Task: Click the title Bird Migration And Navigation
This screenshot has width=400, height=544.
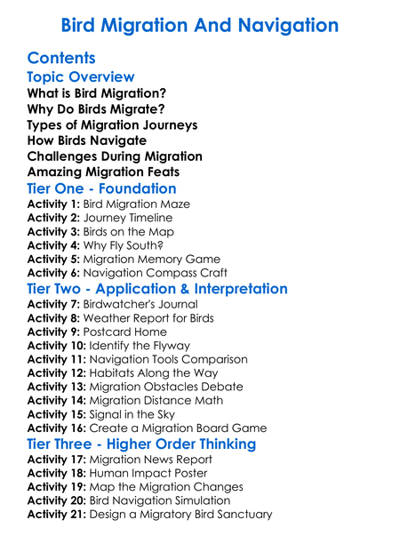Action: (x=200, y=24)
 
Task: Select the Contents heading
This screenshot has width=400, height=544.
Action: (x=68, y=59)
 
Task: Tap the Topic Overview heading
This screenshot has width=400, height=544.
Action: (x=81, y=77)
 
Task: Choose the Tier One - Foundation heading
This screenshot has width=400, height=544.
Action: (x=102, y=188)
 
